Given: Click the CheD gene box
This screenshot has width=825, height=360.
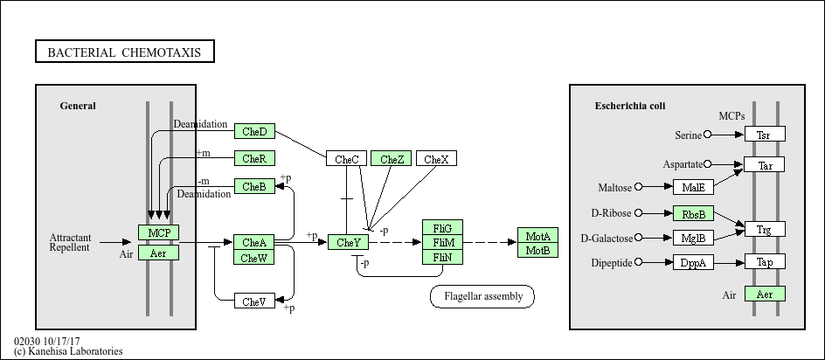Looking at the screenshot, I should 254,131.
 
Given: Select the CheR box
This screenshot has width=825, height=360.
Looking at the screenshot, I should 254,158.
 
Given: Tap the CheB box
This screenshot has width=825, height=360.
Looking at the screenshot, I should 254,186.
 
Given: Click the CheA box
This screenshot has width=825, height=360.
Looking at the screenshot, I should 254,242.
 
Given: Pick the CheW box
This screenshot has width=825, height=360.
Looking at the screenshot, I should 254,257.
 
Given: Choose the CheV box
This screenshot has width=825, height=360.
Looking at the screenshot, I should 254,301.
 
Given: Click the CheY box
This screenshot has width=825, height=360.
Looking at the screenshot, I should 349,242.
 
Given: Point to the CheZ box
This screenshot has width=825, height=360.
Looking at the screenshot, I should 391,159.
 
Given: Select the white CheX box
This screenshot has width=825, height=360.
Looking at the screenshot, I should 436,159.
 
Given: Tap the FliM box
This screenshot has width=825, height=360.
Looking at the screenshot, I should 443,242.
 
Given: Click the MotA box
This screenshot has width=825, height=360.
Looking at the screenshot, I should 537,236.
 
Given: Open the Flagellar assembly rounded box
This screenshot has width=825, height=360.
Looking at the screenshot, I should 482,296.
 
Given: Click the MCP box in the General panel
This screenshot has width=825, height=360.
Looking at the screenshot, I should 158,232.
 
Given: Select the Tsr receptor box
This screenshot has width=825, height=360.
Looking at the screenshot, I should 764,135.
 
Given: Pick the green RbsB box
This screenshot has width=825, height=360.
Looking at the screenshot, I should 693,213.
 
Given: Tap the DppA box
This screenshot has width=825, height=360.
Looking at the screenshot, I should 693,262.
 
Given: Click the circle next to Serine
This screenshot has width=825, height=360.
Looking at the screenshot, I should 708,135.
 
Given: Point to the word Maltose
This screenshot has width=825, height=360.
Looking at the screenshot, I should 614,187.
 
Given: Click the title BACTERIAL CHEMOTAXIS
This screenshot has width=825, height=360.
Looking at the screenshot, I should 124,52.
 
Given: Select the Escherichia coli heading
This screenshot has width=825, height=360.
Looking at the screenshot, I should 630,106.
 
